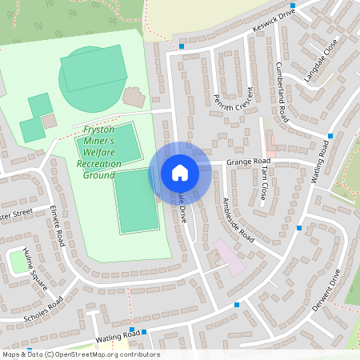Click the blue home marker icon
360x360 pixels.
point(180,173)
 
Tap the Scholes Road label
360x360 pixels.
point(43,306)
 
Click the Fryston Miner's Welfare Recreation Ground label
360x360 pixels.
point(98,152)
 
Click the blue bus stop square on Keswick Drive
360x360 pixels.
point(182,46)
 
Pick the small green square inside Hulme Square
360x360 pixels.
point(18,261)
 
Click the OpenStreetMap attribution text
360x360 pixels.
point(80,354)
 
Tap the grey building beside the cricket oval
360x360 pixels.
point(134,97)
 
